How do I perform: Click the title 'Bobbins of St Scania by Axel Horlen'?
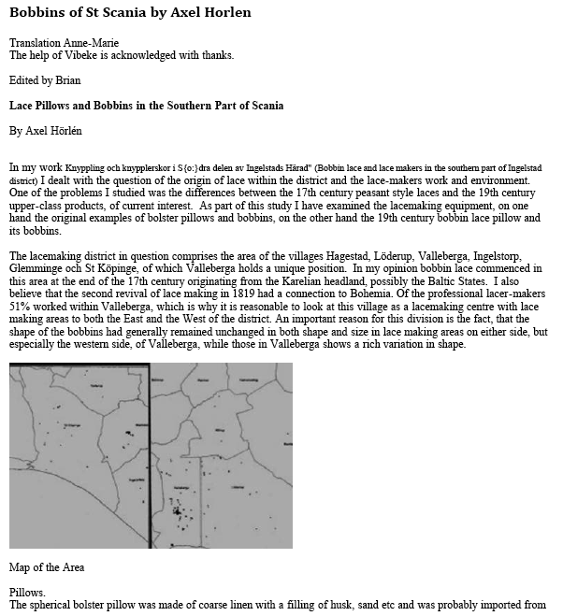(x=130, y=13)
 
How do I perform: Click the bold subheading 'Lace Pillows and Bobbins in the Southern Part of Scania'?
(x=146, y=106)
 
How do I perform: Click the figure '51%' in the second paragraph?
(x=22, y=305)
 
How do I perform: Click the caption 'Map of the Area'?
(x=47, y=566)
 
